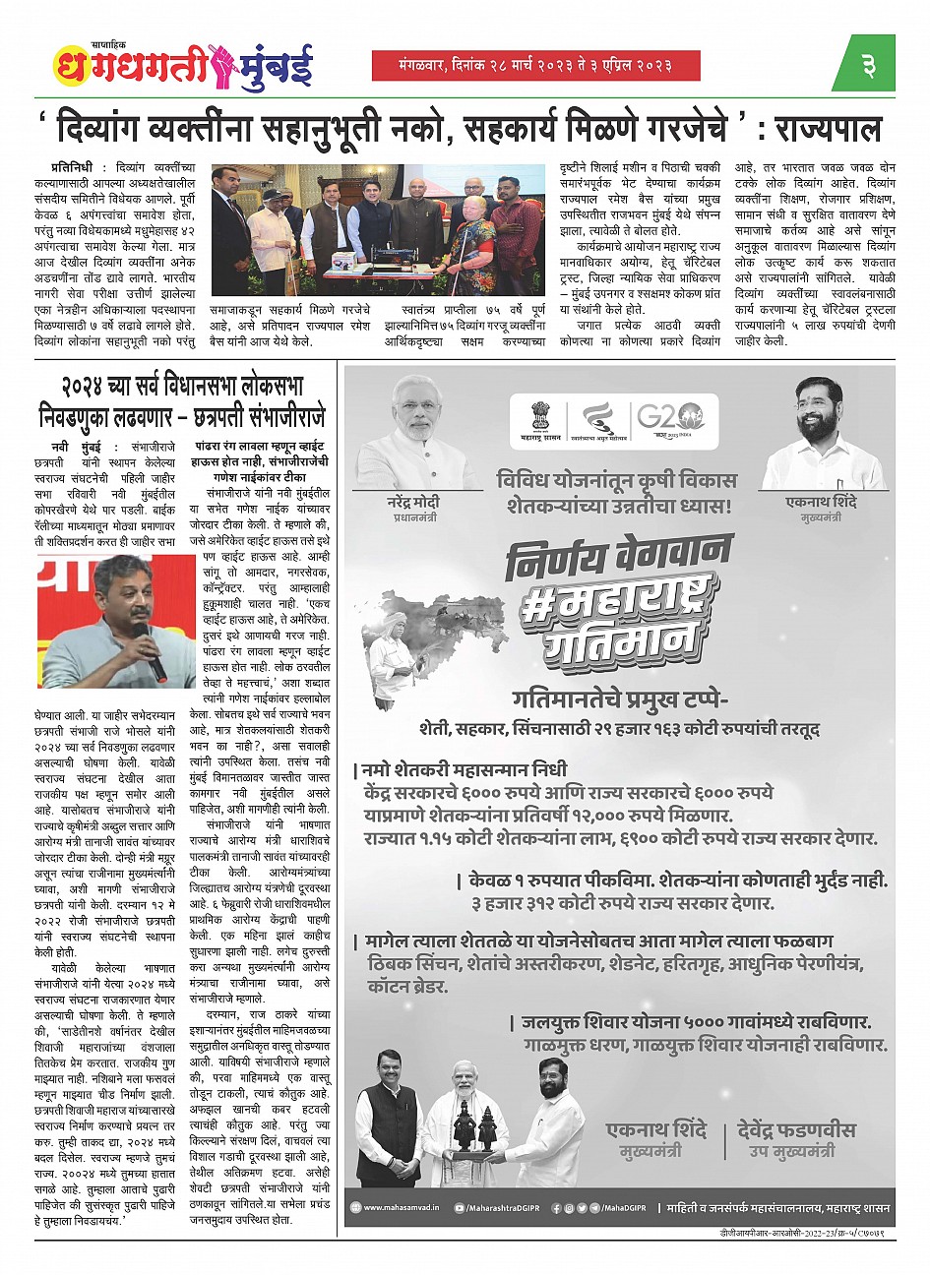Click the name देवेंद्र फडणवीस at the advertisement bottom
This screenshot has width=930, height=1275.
coord(796,1130)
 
